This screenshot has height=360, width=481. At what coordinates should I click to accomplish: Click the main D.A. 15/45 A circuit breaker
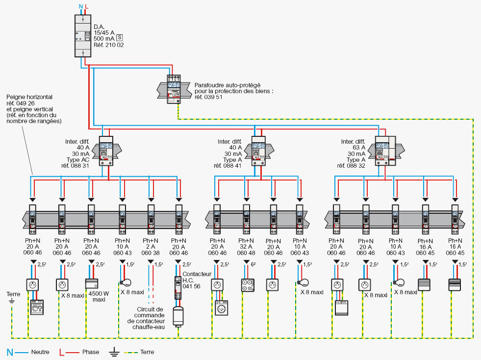(x=83, y=36)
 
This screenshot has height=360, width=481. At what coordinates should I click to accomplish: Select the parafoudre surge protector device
(x=174, y=89)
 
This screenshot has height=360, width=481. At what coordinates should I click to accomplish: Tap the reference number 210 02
(x=109, y=45)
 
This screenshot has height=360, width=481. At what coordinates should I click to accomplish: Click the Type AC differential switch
(x=106, y=151)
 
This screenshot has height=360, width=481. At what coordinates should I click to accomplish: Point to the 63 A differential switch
(x=385, y=151)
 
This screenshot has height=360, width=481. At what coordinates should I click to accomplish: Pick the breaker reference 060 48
(x=246, y=253)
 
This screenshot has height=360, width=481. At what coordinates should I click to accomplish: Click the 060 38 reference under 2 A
(x=151, y=253)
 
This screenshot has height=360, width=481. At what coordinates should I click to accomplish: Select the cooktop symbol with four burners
(x=248, y=285)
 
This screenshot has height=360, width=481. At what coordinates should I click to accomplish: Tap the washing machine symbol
(x=222, y=308)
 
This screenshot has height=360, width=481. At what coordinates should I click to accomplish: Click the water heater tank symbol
(x=178, y=316)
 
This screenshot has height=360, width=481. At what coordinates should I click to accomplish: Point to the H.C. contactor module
(x=178, y=288)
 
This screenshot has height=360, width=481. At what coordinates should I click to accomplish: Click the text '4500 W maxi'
(x=99, y=296)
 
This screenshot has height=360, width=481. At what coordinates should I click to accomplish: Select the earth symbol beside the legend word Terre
(x=114, y=352)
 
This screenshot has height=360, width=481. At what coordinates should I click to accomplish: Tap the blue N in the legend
(x=10, y=352)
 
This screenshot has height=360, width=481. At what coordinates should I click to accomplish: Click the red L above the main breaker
(x=86, y=6)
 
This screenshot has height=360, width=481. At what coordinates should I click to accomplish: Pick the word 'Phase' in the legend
(x=91, y=352)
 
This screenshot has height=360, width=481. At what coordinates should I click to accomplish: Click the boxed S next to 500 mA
(x=120, y=38)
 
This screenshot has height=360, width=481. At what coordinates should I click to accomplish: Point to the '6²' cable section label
(x=253, y=264)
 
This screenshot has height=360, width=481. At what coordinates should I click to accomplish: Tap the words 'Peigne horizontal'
(x=29, y=97)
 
